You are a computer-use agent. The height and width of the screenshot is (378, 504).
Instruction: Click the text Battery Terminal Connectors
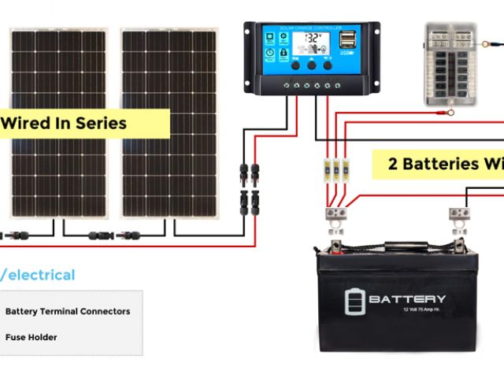[x=68, y=311]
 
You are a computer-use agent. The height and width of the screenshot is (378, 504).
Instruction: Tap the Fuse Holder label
[x=31, y=337]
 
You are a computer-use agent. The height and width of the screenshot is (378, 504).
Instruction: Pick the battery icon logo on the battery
[x=355, y=301]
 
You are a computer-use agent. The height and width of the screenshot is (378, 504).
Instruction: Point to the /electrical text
[x=39, y=275]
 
